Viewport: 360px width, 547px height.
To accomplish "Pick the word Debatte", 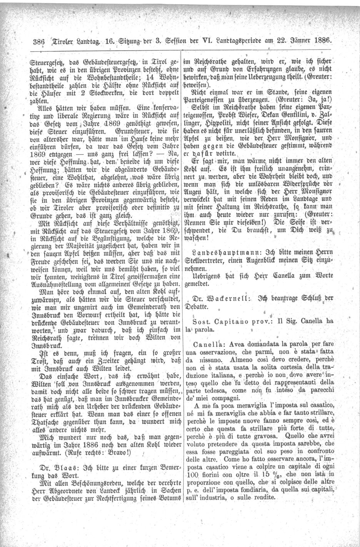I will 198,306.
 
